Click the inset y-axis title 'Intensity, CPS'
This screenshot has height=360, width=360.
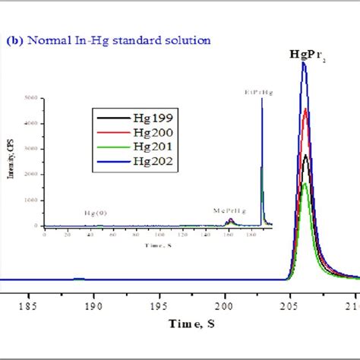coord(14,159)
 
